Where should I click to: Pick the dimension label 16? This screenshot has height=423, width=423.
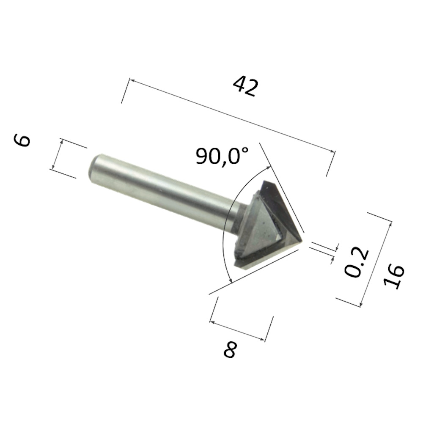pos(394,277)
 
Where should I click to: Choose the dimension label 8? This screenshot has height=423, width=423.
pos(229,350)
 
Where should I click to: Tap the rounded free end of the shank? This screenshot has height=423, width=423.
pos(91,168)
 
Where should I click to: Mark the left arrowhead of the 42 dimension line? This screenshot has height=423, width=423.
pos(132,80)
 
